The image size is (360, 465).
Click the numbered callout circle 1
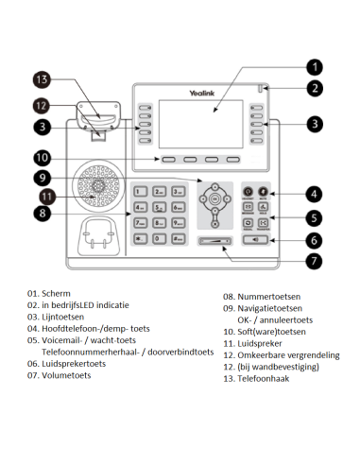pyautogui.click(x=316, y=67)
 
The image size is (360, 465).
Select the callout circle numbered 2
pyautogui.click(x=316, y=88)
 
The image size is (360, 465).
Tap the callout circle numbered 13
pyautogui.click(x=40, y=80)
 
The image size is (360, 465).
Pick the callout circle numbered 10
pyautogui.click(x=40, y=157)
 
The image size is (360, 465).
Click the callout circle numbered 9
pyautogui.click(x=40, y=177)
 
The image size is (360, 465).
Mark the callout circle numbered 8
pyautogui.click(x=40, y=214)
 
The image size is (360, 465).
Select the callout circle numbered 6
pyautogui.click(x=316, y=240)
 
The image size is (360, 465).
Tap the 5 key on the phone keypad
pyautogui.click(x=161, y=208)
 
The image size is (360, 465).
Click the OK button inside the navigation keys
pyautogui.click(x=216, y=199)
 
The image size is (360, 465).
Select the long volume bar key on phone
pyautogui.click(x=215, y=241)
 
